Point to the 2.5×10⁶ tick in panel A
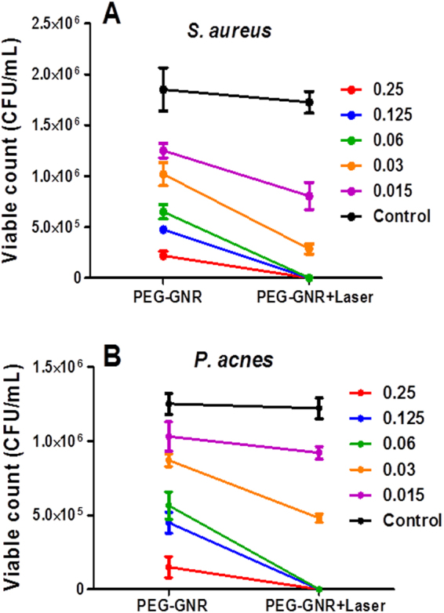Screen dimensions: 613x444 coord(57,24)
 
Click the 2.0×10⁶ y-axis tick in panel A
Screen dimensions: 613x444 coord(57,74)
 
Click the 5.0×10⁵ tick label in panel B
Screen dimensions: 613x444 coord(57,516)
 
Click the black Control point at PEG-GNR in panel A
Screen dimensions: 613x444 coord(163,89)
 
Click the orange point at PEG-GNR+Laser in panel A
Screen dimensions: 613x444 coord(309,249)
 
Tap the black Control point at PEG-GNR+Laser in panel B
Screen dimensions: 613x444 coord(319,408)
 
